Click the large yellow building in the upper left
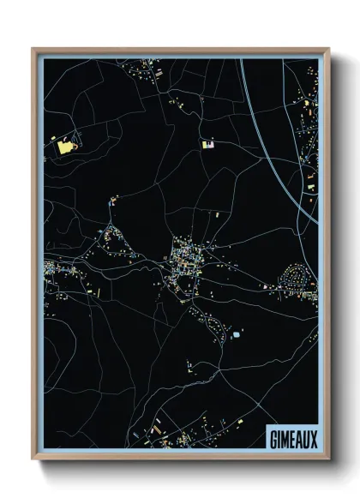(x=63, y=147)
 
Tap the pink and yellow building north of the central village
(x=207, y=144)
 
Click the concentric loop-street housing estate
(x=297, y=278)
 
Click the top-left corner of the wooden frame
(x=33, y=49)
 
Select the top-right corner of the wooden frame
(x=328, y=49)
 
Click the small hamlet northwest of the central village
(x=112, y=201)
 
